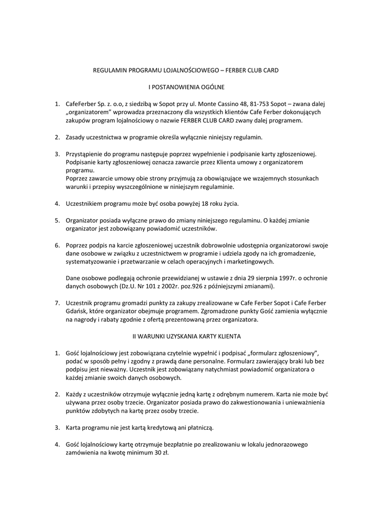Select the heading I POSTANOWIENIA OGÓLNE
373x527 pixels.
186,87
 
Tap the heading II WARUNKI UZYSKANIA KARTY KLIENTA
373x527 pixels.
186,336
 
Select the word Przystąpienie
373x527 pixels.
86,154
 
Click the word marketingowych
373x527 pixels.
249,261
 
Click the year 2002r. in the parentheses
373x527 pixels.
155,286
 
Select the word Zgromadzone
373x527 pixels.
201,311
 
